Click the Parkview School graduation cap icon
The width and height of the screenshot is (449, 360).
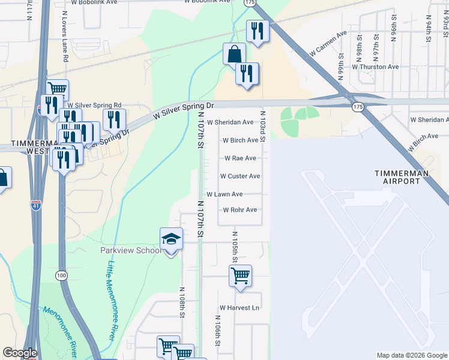tap(171, 240)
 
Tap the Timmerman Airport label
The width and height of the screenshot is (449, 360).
tap(402, 177)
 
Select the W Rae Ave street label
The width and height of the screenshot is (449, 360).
tap(240, 158)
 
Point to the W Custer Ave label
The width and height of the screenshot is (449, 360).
tap(240, 176)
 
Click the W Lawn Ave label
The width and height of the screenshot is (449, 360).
tap(224, 194)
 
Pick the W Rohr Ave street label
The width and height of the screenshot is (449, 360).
tap(240, 210)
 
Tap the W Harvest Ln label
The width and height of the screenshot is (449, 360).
tap(239, 308)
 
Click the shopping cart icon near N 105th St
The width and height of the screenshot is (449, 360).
tap(240, 277)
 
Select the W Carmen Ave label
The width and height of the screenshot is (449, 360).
tap(328, 44)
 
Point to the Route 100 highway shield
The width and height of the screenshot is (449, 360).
tap(61, 275)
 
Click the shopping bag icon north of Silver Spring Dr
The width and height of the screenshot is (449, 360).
tap(234, 54)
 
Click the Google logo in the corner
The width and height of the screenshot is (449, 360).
tap(20, 352)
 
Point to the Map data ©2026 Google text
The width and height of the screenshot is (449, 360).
tap(412, 355)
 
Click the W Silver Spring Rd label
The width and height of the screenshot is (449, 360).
tap(94, 104)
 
